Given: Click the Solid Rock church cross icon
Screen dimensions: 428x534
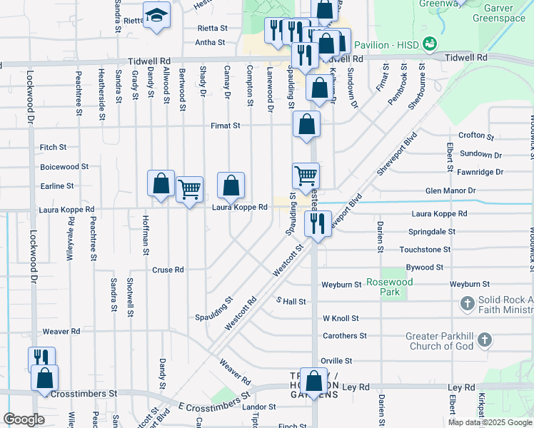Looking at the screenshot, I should [468, 304].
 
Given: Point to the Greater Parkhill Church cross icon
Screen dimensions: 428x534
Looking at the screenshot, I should [485, 340].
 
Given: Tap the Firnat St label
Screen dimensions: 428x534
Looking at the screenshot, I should [225, 126].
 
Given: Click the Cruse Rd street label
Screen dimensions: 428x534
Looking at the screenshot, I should [168, 270].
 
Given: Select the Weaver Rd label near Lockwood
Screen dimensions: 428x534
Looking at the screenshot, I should [61, 331].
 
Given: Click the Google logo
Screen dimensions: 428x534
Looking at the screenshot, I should [24, 419].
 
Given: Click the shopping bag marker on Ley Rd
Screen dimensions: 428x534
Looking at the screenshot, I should [313, 381].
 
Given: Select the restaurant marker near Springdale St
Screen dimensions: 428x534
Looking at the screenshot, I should [317, 223].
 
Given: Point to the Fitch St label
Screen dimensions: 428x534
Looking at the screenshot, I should [53, 147].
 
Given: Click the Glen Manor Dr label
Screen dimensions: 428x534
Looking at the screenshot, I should [450, 190].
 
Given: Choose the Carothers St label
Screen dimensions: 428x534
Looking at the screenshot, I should [344, 335].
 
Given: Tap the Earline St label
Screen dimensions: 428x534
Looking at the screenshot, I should [58, 185].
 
